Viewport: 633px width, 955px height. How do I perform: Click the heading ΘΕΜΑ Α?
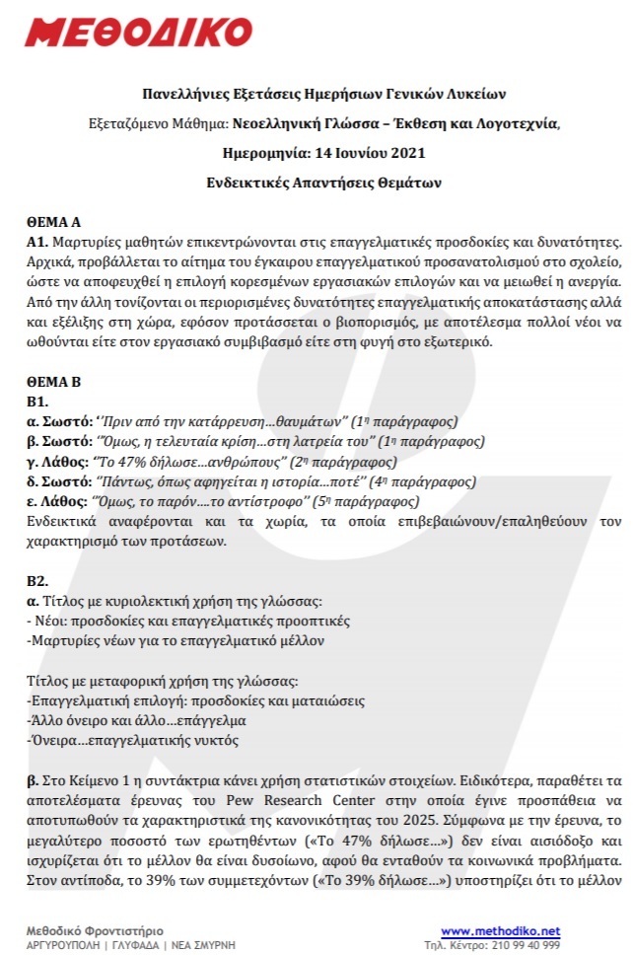[53, 224]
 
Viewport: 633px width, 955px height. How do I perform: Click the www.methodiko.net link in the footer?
[500, 930]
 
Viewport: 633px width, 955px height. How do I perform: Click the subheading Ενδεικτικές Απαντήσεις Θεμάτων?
[316, 183]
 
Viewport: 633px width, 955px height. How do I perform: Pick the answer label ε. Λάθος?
[57, 501]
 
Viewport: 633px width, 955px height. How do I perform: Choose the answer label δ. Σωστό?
[59, 482]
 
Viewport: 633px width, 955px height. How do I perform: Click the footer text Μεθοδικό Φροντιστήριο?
[95, 930]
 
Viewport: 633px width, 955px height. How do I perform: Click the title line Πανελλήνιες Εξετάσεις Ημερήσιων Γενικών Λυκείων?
[316, 95]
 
